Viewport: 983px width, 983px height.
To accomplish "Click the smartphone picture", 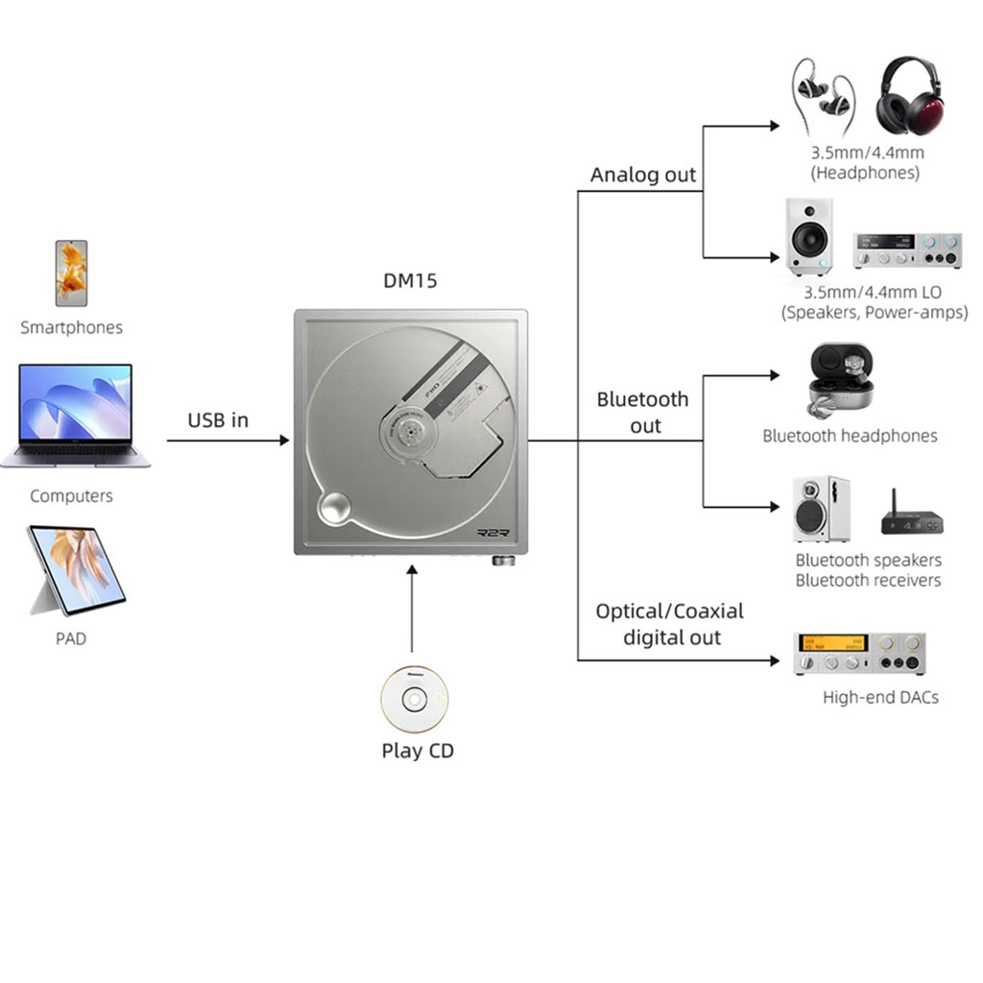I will tap(71, 274).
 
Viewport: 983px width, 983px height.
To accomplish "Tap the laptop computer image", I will tap(75, 416).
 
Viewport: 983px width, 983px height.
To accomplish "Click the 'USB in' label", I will tap(218, 420).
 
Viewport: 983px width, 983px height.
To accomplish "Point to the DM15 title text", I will tap(410, 281).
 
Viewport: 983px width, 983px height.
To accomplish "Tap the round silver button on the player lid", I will tap(334, 508).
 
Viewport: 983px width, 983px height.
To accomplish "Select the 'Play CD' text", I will tap(418, 751).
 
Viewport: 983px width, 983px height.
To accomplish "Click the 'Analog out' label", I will tap(643, 175).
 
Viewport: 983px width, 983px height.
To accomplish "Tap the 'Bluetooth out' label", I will tap(643, 412).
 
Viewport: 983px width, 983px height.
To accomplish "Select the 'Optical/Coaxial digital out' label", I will tap(670, 624).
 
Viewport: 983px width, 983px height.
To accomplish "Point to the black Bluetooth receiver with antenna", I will tap(912, 518).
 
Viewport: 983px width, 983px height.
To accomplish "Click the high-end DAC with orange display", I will tap(859, 654).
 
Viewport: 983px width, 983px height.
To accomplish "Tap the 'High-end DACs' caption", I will tap(880, 698).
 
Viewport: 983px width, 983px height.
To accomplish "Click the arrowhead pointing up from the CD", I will tap(412, 570).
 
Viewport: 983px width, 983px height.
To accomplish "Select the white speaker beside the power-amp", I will tap(809, 236).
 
